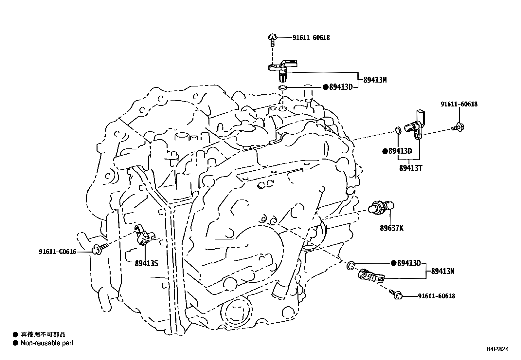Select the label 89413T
pyautogui.click(x=411, y=168)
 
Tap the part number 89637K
pyautogui.click(x=391, y=228)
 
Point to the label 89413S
pyautogui.click(x=146, y=263)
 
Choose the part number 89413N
pyautogui.click(x=442, y=271)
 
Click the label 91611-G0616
pyautogui.click(x=57, y=252)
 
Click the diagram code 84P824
pyautogui.click(x=497, y=349)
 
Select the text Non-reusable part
pyautogui.click(x=47, y=343)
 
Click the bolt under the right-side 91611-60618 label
pyautogui.click(x=458, y=127)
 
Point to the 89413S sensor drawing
pyautogui.click(x=143, y=235)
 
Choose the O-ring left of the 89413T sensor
pyautogui.click(x=398, y=130)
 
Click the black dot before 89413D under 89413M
pyautogui.click(x=325, y=87)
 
